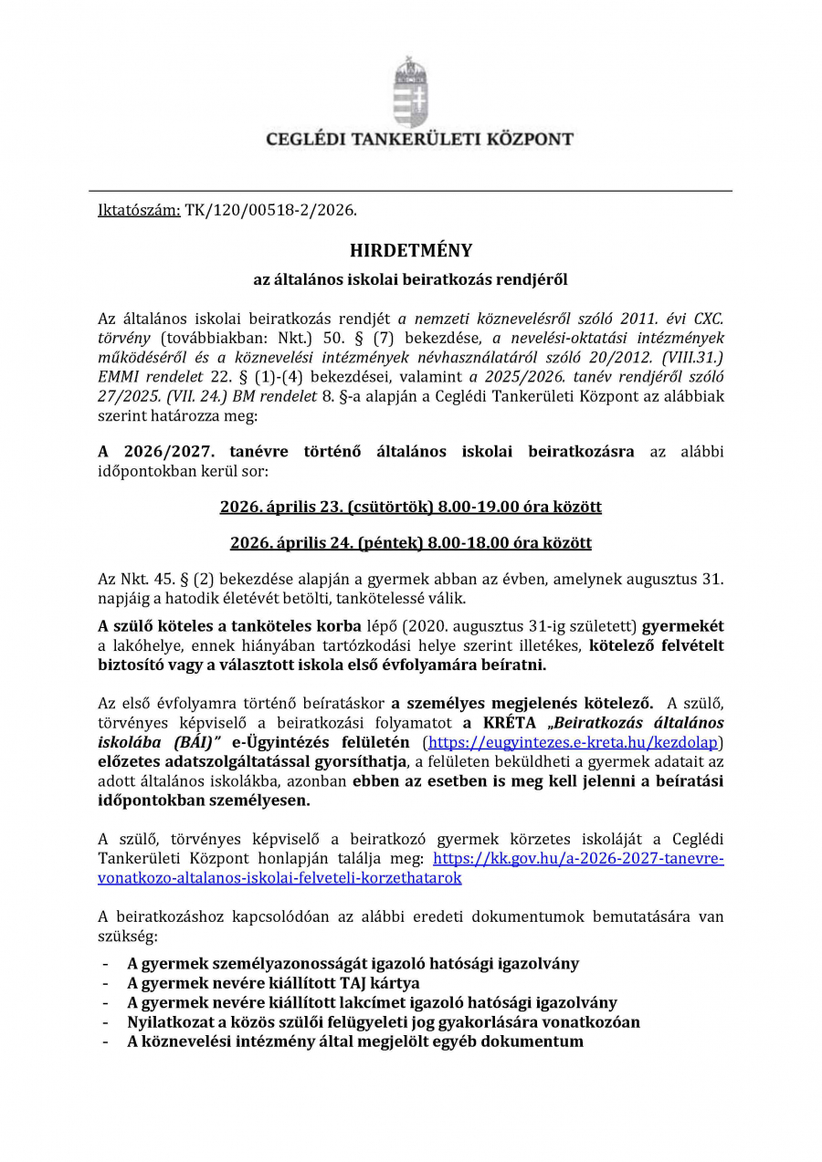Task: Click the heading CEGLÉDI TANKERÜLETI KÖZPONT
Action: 419,140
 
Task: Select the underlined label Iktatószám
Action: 139,210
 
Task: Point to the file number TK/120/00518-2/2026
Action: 270,210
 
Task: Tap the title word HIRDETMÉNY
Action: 411,250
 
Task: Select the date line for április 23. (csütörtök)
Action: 410,506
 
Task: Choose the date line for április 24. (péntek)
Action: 410,542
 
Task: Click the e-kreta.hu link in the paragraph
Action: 575,742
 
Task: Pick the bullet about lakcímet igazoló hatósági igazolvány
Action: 372,1002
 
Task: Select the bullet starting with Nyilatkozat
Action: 384,1021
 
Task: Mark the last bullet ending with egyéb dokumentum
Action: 355,1041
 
